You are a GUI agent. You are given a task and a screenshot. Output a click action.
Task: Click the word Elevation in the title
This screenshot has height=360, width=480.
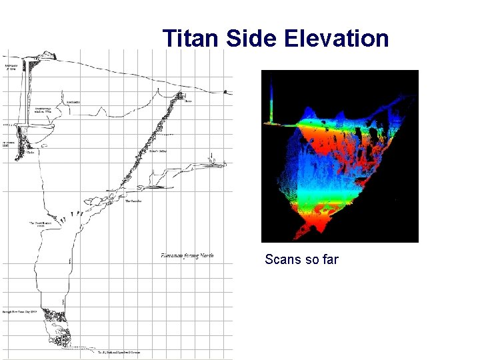[x=336, y=38]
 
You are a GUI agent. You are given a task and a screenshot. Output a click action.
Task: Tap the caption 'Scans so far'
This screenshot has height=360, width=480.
[x=301, y=259]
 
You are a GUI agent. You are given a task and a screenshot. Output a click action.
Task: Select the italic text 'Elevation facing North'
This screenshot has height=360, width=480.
[x=187, y=255]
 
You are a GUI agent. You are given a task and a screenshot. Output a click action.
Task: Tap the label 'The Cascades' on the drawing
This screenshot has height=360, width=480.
[x=133, y=201]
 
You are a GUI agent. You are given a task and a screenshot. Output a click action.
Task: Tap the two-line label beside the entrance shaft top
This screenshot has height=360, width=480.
[x=11, y=69]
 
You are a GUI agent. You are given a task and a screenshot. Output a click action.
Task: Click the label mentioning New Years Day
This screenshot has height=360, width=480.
[x=23, y=311]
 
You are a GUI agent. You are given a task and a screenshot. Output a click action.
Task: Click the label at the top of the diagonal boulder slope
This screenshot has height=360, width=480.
[x=189, y=102]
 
